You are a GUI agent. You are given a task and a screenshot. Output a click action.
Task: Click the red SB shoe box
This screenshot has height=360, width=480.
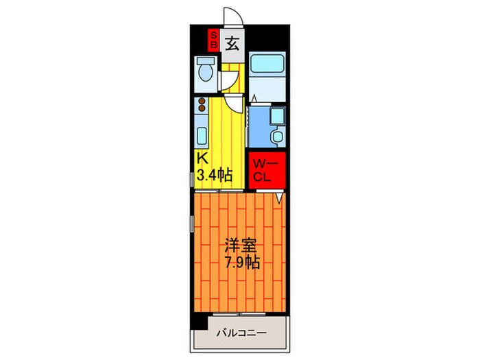point(213,39)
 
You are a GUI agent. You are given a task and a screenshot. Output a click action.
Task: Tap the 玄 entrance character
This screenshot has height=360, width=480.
point(232,43)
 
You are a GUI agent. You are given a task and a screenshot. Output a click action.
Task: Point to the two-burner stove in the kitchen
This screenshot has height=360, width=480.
point(202,106)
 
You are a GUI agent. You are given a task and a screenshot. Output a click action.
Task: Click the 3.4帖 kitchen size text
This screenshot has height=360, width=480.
point(214,175)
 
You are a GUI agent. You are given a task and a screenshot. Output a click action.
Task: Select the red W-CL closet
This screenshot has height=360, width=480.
point(264,169)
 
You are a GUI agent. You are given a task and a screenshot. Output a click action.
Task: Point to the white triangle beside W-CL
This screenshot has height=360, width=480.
point(280,197)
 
